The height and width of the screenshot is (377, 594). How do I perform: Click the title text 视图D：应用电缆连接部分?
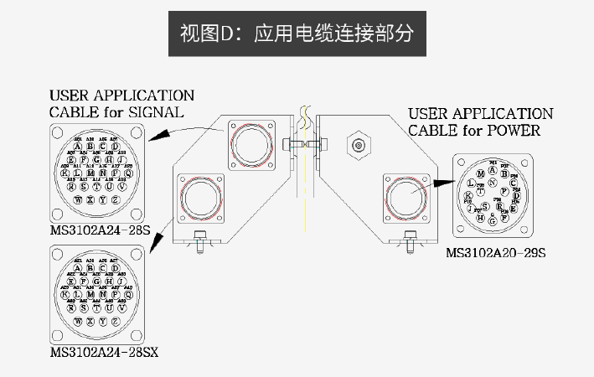click(297, 34)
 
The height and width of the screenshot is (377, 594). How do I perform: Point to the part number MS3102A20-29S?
click(495, 252)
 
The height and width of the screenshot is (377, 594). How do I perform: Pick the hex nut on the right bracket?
click(359, 146)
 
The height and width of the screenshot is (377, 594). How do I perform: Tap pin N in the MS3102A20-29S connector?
click(492, 183)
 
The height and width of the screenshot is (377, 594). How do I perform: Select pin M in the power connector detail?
click(480, 173)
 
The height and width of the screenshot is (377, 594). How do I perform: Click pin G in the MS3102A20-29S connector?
click(493, 221)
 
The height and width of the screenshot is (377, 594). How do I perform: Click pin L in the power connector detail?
click(472, 183)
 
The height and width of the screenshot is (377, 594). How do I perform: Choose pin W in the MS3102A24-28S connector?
click(79, 199)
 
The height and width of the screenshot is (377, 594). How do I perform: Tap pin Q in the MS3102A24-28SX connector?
click(127, 295)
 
